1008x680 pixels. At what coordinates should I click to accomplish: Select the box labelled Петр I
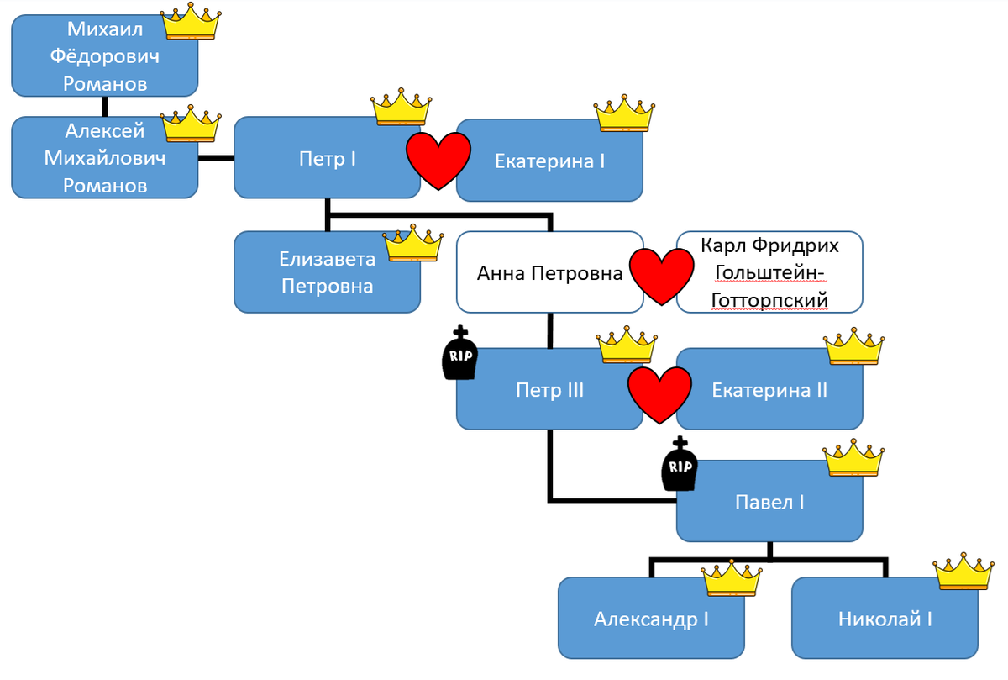[328, 158]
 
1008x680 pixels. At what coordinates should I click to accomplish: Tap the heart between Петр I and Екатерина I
[438, 159]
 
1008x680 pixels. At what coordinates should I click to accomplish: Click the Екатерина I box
[549, 161]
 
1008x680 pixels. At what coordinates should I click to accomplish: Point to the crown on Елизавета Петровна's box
[413, 244]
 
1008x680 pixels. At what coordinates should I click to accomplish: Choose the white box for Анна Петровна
[549, 272]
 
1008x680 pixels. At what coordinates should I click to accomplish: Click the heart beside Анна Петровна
[662, 276]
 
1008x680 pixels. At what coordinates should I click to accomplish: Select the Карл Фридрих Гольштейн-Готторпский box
[769, 272]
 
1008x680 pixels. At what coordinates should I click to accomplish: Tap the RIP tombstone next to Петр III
[459, 353]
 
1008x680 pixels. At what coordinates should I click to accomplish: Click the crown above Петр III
[627, 345]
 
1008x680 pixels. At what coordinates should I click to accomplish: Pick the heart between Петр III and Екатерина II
[660, 393]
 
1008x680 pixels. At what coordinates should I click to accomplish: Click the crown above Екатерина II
[854, 345]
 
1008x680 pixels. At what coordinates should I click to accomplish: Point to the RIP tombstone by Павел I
[680, 466]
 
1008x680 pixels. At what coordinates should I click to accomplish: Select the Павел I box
[769, 503]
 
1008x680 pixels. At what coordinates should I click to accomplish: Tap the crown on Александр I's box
[732, 578]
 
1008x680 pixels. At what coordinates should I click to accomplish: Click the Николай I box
[885, 619]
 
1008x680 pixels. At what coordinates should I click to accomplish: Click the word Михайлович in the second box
[105, 158]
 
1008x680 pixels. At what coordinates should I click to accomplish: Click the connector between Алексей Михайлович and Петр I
[216, 157]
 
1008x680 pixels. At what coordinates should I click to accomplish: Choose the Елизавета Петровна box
[327, 272]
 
